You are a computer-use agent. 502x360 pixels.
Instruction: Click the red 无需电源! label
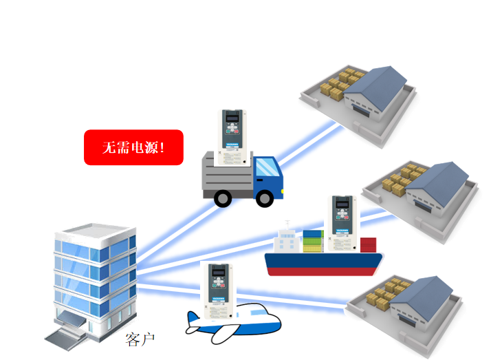pos(133,147)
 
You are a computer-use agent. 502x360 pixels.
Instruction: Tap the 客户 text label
pos(140,339)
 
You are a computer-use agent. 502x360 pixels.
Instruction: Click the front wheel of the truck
pos(265,198)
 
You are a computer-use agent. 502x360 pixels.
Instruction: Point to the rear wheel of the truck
pos(223,198)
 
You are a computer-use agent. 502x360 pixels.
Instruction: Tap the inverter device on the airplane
pos(219,289)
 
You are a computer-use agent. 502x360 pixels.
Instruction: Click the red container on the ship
pos(369,244)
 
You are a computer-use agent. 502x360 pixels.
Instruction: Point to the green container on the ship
pos(314,241)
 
